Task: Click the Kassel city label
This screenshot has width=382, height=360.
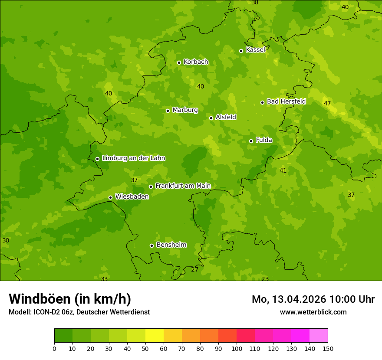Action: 255,50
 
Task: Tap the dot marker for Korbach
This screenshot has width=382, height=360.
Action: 179,62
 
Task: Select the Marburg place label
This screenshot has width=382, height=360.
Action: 185,110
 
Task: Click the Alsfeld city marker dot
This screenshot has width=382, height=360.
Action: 211,118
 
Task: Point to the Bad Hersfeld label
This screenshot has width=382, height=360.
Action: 286,101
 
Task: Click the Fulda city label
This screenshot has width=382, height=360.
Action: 264,140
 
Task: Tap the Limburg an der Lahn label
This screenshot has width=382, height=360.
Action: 133,158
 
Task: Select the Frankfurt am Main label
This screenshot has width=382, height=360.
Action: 183,186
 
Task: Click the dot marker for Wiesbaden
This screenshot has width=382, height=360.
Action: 110,197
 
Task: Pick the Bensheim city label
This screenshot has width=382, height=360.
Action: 171,245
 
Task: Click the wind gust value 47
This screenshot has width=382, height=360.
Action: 327,103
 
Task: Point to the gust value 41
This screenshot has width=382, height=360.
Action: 283,171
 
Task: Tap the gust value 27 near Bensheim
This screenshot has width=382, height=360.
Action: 195,270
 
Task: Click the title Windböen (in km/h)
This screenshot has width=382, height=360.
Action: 70,299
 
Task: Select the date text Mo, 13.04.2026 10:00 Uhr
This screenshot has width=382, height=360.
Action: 313,299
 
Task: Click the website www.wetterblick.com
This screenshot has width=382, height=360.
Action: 313,312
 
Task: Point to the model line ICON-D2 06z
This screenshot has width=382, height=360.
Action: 79,312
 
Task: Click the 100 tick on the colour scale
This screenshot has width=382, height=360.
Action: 237,348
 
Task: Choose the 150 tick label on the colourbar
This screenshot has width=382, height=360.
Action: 328,348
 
